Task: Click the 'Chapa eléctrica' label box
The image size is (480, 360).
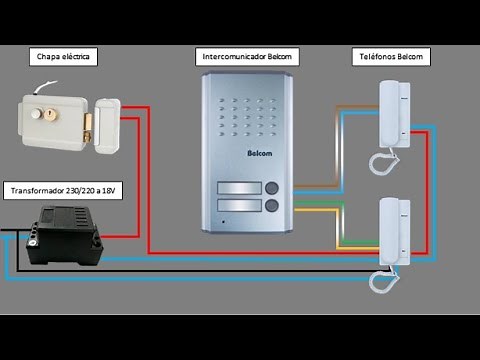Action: (63, 58)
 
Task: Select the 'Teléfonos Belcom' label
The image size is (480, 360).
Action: (391, 58)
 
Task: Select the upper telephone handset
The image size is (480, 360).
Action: (391, 115)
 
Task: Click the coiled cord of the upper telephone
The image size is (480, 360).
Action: (383, 160)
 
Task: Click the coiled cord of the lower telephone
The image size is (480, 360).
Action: (383, 281)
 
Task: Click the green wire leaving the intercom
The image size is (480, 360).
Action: (310, 206)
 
